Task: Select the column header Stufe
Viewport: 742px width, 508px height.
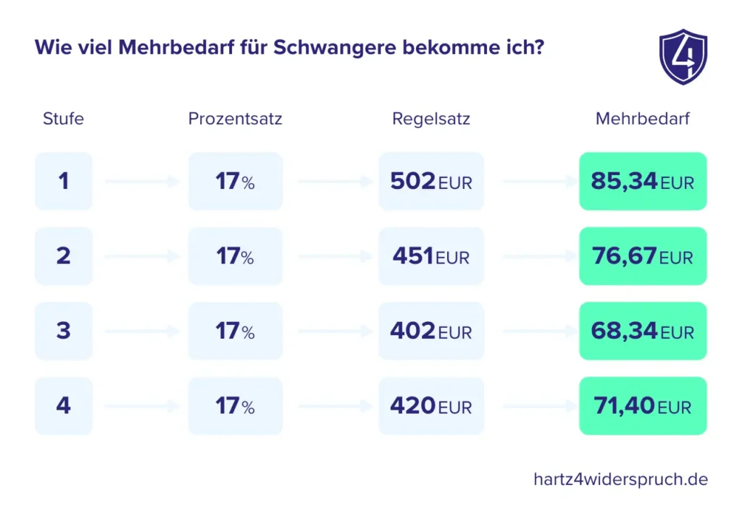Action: [63, 119]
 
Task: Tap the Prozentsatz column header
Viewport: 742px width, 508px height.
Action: [235, 119]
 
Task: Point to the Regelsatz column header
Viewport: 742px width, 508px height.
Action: [431, 119]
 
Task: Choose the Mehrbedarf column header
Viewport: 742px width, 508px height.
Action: [643, 119]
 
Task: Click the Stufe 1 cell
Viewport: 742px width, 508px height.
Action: [64, 181]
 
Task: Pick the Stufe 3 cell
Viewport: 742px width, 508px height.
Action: [64, 331]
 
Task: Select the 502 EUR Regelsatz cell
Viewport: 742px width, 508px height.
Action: [431, 181]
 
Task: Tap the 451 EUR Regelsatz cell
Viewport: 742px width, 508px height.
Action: [431, 256]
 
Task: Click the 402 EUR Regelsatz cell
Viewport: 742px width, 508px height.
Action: [431, 331]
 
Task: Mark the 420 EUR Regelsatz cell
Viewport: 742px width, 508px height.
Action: [431, 406]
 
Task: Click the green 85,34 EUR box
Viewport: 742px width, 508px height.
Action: [643, 181]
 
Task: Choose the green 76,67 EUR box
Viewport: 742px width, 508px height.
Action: [643, 256]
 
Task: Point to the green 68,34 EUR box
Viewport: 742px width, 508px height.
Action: [643, 331]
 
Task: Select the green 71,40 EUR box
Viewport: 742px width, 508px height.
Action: [643, 406]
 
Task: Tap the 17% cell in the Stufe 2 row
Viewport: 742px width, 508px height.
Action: [235, 256]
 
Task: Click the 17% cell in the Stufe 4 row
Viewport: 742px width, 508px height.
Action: [235, 406]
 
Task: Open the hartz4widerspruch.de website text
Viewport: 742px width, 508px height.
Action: [620, 479]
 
